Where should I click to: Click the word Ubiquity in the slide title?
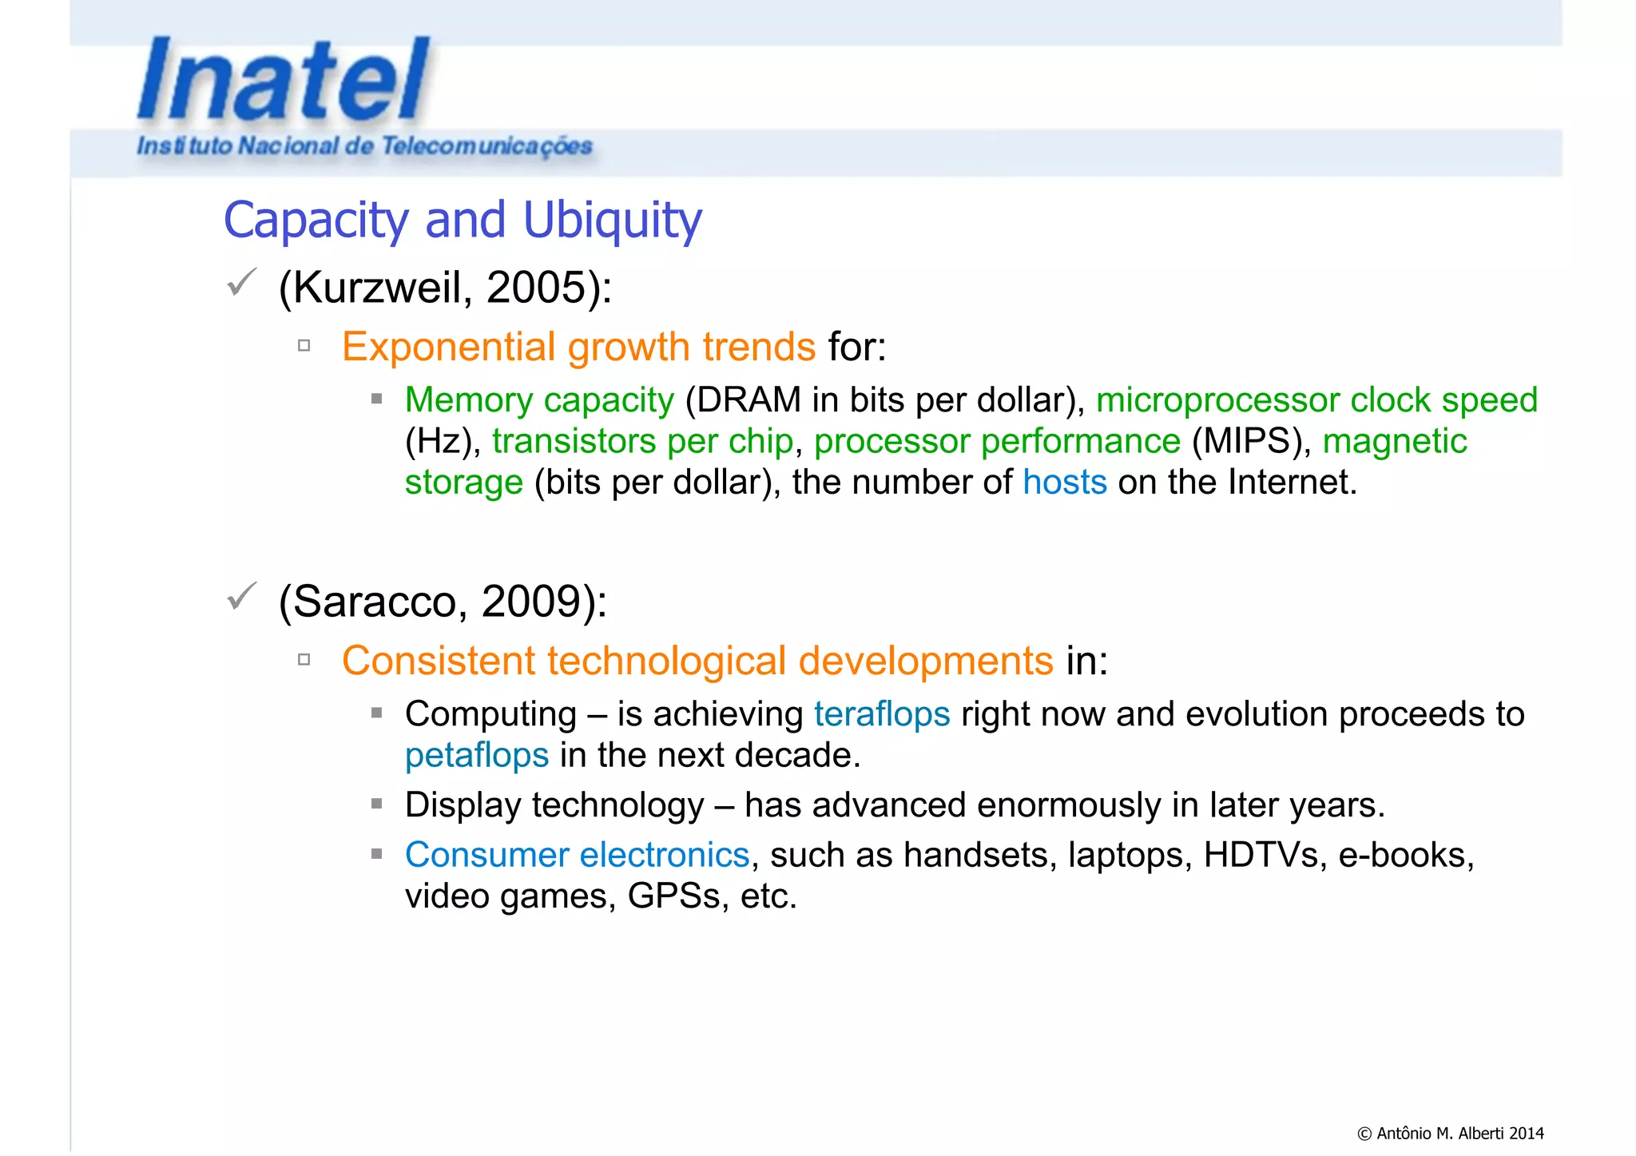[x=612, y=220]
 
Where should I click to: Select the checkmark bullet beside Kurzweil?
[x=240, y=283]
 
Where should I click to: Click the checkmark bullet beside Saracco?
[x=240, y=597]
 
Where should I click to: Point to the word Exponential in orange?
[x=447, y=347]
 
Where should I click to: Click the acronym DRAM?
[x=749, y=399]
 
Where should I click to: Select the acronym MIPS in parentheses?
[x=1251, y=441]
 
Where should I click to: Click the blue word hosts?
[x=1065, y=483]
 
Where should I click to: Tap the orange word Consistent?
[x=439, y=661]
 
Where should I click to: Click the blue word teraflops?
[x=882, y=714]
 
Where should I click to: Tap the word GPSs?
[x=673, y=896]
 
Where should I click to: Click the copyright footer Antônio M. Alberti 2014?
[x=1450, y=1133]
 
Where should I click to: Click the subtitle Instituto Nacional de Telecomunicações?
[x=364, y=146]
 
